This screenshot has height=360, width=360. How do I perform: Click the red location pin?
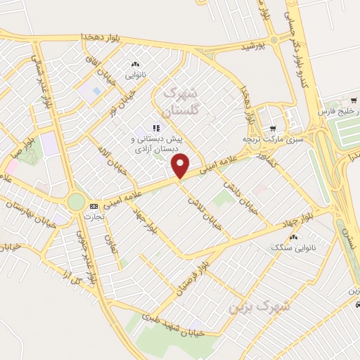point(181,166)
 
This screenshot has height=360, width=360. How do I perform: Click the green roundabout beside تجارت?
point(75,202)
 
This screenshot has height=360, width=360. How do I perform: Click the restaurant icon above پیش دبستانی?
point(156,129)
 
